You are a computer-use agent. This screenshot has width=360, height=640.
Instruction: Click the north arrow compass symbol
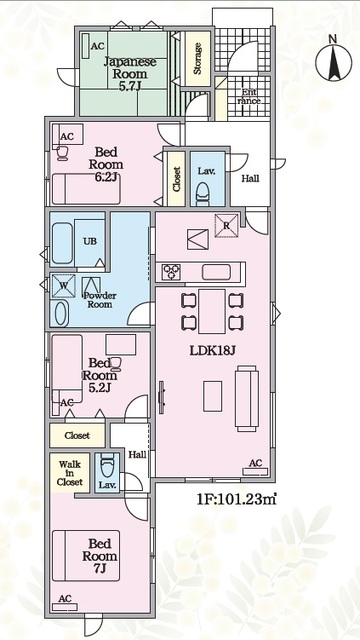pos(333,62)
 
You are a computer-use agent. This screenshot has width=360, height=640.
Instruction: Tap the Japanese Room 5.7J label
pos(130,74)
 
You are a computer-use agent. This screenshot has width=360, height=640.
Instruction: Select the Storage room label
pos(198,58)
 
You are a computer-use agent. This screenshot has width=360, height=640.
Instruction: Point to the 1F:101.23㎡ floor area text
pos(237,500)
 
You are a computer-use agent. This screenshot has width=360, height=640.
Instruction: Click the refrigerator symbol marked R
pos(227,225)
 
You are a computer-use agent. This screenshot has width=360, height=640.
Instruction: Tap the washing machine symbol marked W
pos(63,286)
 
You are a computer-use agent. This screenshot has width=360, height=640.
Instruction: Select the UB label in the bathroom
pos(90,241)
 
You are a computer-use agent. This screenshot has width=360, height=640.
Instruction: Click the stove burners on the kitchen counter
pos(171,272)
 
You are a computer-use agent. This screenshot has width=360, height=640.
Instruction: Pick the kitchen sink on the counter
pos(216,272)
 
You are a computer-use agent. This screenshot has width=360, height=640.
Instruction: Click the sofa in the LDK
pos(247,398)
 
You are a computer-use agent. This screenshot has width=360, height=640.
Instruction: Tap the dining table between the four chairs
pos(212,311)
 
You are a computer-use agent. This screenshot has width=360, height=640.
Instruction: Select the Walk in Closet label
pos(70,473)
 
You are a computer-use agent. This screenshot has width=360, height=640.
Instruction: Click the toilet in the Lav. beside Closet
pos(202,193)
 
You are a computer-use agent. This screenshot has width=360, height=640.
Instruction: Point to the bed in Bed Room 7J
pos(86,556)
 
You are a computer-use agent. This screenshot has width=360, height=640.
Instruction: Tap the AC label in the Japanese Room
pos(98,47)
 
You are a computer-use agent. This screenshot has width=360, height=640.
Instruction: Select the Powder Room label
pos(100,300)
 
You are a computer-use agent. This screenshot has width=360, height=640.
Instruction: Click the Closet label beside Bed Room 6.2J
pos(176,179)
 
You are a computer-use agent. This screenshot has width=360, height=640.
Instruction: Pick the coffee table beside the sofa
pos(213,396)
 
